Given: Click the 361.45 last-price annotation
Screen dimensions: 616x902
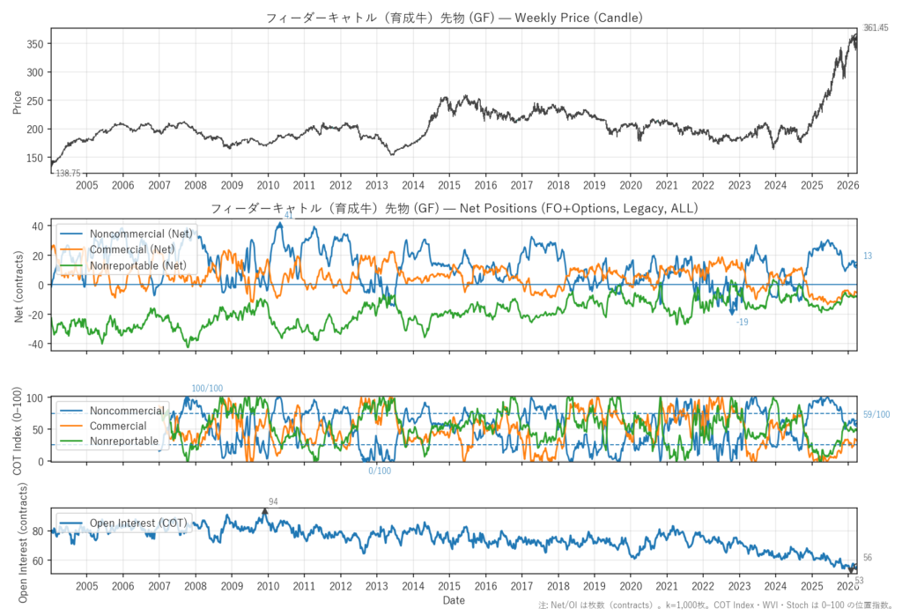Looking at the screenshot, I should [876, 28].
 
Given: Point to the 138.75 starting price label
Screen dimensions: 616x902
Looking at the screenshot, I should [68, 174].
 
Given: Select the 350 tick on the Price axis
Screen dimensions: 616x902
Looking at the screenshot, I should [34, 43].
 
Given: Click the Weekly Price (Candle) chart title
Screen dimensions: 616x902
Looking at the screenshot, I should [454, 17].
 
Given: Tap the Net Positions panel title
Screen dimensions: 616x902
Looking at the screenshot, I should [454, 209].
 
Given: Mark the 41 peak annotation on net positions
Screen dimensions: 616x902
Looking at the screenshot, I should [288, 215].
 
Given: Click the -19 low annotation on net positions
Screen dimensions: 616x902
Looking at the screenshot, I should [742, 323].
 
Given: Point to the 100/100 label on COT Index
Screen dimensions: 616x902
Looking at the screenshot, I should [207, 389].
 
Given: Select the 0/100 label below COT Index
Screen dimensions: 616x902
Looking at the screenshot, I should [380, 471].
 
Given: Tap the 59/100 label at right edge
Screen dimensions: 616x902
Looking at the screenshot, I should [876, 414].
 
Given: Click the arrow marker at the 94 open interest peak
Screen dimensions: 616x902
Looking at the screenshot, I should [265, 511].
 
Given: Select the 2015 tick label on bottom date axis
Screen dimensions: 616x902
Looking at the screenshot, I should [449, 586].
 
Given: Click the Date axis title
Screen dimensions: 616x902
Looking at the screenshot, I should [454, 600].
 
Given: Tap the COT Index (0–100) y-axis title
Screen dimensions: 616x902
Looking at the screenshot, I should [18, 428].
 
